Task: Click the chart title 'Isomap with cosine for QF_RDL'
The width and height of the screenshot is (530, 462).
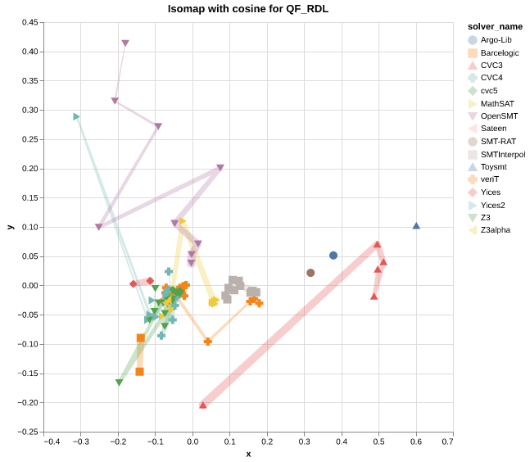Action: (247, 9)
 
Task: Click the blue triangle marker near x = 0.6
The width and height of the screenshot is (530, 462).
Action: (416, 226)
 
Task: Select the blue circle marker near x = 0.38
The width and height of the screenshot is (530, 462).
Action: (333, 256)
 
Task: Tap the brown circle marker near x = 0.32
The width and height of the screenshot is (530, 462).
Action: (310, 273)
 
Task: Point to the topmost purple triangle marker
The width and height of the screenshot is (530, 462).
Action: (125, 43)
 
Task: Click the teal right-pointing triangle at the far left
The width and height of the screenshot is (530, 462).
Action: (76, 117)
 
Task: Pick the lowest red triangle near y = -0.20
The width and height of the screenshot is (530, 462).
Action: (203, 405)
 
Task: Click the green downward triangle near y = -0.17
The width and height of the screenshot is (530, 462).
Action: (119, 383)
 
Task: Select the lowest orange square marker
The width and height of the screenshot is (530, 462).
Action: (140, 372)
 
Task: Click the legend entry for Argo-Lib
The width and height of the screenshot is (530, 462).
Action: (496, 39)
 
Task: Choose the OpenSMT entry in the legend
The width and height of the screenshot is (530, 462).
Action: (499, 116)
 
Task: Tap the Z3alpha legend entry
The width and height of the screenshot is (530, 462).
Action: (495, 230)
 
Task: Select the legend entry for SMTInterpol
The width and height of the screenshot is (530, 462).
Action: (502, 154)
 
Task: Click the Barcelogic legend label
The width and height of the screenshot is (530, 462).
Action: (500, 52)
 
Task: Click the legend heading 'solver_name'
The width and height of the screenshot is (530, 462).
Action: (489, 26)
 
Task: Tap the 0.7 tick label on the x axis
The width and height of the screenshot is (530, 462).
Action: (447, 442)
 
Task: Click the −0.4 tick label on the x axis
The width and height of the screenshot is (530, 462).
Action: (51, 442)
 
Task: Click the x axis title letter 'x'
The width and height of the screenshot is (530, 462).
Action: (248, 455)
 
